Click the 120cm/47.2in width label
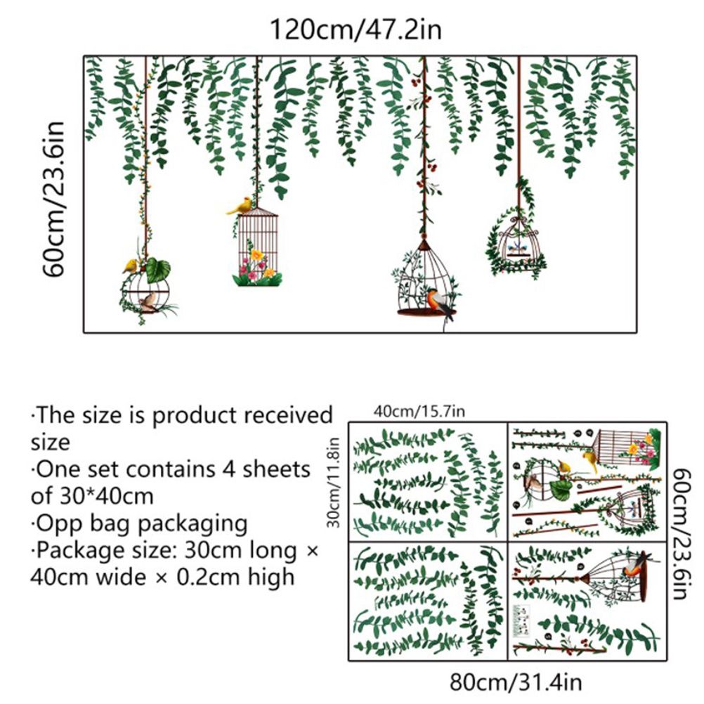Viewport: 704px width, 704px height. [355, 30]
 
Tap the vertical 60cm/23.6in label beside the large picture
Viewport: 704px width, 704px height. [54, 199]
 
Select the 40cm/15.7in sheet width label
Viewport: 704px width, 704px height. [419, 411]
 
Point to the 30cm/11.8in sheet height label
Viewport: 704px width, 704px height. [334, 482]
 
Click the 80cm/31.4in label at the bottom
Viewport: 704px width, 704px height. [516, 682]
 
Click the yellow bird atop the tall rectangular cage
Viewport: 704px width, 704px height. [240, 206]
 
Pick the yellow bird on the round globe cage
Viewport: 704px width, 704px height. [130, 266]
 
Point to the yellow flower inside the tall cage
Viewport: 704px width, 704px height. [257, 255]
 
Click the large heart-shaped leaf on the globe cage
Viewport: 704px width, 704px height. [158, 269]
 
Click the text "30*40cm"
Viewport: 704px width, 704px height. [106, 496]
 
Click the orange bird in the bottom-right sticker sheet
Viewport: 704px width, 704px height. [634, 566]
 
